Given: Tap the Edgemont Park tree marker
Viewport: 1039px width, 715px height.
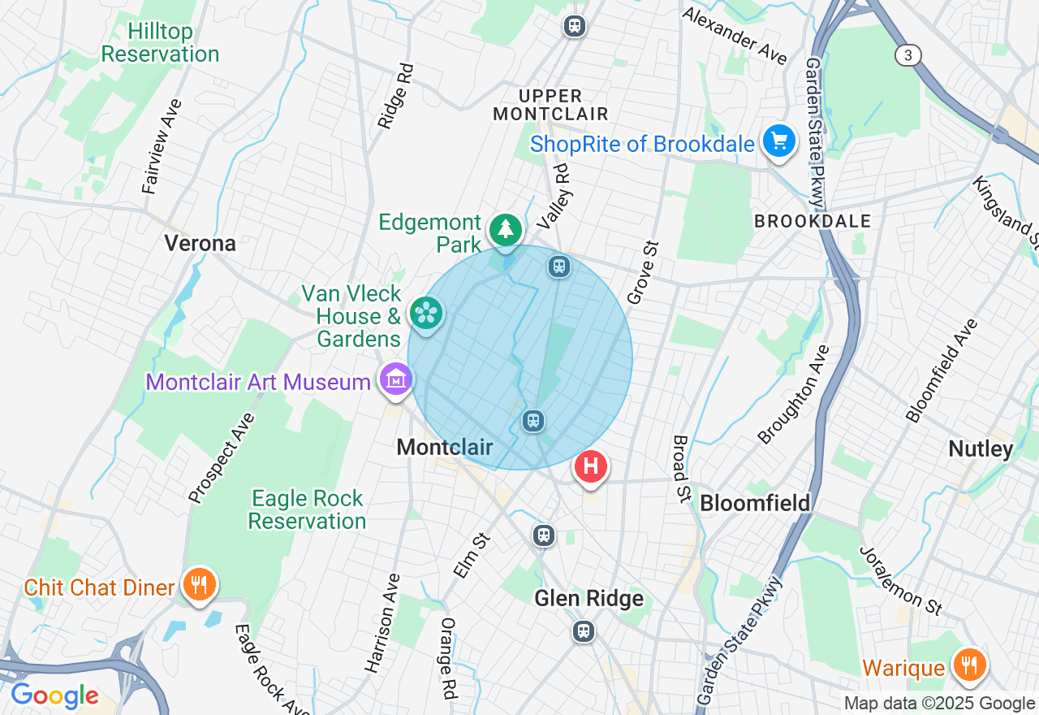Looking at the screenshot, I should [x=506, y=229].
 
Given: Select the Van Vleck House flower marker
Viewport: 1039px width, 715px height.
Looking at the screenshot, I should [x=426, y=313].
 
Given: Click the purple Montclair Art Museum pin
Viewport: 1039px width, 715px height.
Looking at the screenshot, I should [x=396, y=379].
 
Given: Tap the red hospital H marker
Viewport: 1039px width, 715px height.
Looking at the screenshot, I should [x=591, y=467].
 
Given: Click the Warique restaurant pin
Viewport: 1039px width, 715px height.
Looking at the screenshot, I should [x=968, y=665].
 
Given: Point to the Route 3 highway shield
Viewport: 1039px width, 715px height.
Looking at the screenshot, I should [x=908, y=55].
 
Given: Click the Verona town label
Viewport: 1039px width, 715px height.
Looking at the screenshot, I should [x=200, y=243].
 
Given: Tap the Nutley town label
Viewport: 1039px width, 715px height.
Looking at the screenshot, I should [x=981, y=449].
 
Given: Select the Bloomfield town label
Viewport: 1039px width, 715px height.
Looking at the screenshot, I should [x=755, y=503].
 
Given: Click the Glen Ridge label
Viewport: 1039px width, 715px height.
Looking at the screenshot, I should [x=588, y=599].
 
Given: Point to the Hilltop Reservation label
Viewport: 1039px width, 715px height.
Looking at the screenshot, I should [x=160, y=43].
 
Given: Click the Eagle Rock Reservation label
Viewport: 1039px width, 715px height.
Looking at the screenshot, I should [x=307, y=509].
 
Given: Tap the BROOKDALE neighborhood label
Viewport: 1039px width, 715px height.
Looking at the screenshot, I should [x=812, y=221].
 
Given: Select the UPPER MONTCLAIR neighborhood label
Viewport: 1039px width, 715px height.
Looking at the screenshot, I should [x=550, y=105].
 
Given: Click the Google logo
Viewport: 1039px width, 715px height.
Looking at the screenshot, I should [x=54, y=696].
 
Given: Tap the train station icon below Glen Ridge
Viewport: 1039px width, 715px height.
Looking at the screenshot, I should [x=583, y=631].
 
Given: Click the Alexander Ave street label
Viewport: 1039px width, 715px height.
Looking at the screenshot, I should [x=735, y=36].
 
